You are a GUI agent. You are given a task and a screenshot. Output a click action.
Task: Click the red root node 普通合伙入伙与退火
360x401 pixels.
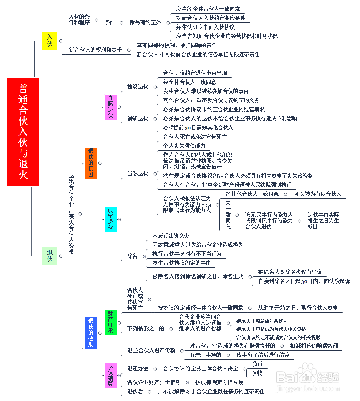(x=23, y=132)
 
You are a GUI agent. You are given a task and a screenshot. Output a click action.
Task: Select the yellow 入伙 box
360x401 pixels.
(x=50, y=41)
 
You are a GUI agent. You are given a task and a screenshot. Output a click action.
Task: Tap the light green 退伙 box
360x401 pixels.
(x=50, y=256)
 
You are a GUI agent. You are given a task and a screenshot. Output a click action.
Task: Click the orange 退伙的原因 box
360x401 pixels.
(x=91, y=163)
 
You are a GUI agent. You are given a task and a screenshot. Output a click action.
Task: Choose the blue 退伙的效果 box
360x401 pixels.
(x=91, y=333)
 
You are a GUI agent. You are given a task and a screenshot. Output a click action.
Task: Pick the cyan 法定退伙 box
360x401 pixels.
(x=111, y=219)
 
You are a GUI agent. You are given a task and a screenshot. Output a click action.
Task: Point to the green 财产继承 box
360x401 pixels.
(x=111, y=322)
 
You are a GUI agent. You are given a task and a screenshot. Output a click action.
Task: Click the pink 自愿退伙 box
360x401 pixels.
(x=111, y=107)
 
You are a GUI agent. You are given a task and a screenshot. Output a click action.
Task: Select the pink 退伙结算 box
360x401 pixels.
(x=111, y=375)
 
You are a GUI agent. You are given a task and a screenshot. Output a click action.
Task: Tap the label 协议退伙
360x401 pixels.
(x=138, y=87)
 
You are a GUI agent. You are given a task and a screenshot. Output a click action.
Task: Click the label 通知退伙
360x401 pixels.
(x=138, y=118)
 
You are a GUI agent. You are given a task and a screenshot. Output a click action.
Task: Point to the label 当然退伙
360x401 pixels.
(x=138, y=173)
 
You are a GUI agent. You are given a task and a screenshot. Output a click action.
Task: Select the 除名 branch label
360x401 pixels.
(x=132, y=256)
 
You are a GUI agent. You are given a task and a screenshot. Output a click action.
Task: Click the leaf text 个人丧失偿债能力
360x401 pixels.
(x=184, y=146)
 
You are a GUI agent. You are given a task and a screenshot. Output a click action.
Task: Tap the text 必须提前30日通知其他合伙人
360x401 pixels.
(x=198, y=127)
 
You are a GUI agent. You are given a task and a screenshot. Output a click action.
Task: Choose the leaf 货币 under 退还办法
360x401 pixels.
(x=257, y=364)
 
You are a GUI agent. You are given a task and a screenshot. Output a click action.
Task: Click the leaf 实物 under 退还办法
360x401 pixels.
(x=257, y=373)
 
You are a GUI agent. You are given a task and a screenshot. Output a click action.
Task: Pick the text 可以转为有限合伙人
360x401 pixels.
(x=318, y=194)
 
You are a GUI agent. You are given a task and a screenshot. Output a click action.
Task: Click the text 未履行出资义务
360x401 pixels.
(x=171, y=235)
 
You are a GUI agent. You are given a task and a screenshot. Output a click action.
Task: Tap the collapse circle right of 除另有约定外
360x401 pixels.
(x=168, y=23)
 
